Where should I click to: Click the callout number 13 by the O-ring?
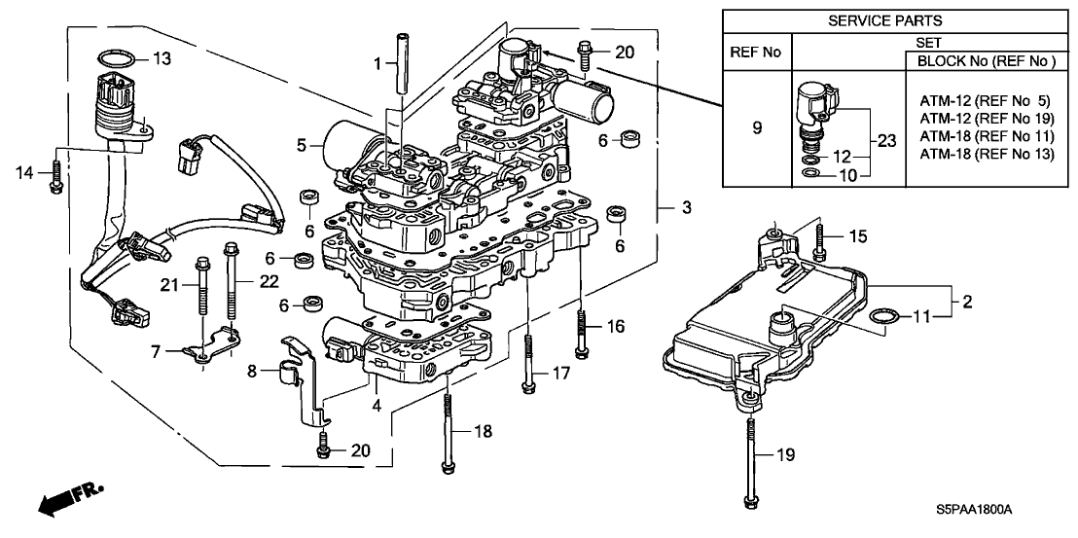tap(161, 59)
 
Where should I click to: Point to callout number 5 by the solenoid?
tap(304, 146)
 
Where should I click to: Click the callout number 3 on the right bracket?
tap(687, 208)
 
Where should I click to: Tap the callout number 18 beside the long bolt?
tap(478, 430)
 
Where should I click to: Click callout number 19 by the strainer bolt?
tap(787, 454)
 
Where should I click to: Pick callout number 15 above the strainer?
tap(855, 235)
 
